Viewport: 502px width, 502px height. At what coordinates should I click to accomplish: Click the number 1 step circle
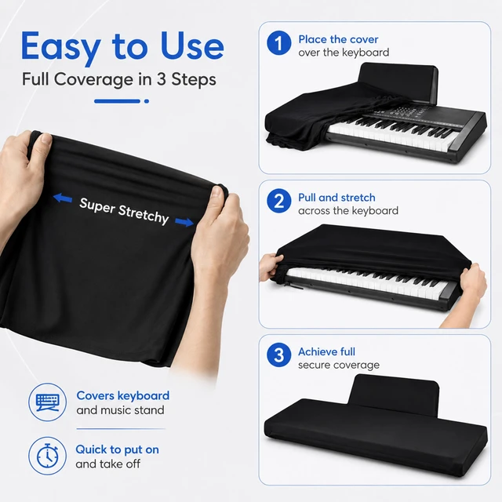[279, 43]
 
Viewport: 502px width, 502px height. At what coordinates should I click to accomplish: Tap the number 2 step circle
[279, 201]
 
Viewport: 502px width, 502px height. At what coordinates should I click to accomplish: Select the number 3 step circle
[279, 355]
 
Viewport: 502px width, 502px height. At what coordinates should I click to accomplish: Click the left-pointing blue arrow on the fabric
[63, 198]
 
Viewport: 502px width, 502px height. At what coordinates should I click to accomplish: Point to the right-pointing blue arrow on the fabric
[184, 221]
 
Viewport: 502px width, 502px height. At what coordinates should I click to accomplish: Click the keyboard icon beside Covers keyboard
[47, 402]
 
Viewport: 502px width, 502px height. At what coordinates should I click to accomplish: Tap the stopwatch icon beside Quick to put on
[47, 455]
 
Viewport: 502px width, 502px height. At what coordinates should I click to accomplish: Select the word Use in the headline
[192, 45]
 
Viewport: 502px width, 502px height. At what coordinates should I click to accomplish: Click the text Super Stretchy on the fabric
[124, 211]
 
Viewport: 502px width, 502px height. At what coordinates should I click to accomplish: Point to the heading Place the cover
[338, 39]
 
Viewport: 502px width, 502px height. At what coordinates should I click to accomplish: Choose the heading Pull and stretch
[336, 198]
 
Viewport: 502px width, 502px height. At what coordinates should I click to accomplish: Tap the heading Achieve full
[326, 352]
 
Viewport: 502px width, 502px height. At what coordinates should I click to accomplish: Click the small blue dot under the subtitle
[147, 101]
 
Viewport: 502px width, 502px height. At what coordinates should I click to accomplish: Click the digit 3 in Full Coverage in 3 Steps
[161, 79]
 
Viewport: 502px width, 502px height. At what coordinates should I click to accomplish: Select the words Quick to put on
[117, 449]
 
